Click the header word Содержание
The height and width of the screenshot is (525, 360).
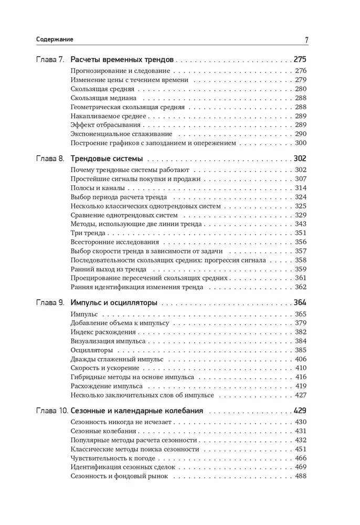tap(55, 39)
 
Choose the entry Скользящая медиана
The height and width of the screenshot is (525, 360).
tap(103, 98)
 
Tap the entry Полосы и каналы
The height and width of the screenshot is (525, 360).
tap(96, 188)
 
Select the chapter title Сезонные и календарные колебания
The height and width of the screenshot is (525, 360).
tap(136, 410)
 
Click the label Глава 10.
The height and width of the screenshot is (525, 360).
tap(51, 410)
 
